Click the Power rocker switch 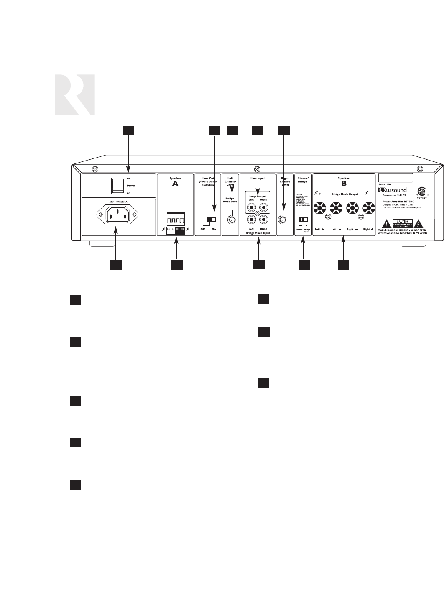pyautogui.click(x=117, y=185)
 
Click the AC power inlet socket pyautogui.click(x=117, y=215)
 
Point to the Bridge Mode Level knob pyautogui.click(x=231, y=219)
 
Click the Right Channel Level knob pyautogui.click(x=283, y=219)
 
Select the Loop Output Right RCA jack pyautogui.click(x=263, y=207)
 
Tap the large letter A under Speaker pyautogui.click(x=175, y=183)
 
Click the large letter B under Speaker pyautogui.click(x=344, y=183)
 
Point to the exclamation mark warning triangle pyautogui.click(x=388, y=224)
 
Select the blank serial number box pyautogui.click(x=396, y=178)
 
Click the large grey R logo pyautogui.click(x=74, y=94)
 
